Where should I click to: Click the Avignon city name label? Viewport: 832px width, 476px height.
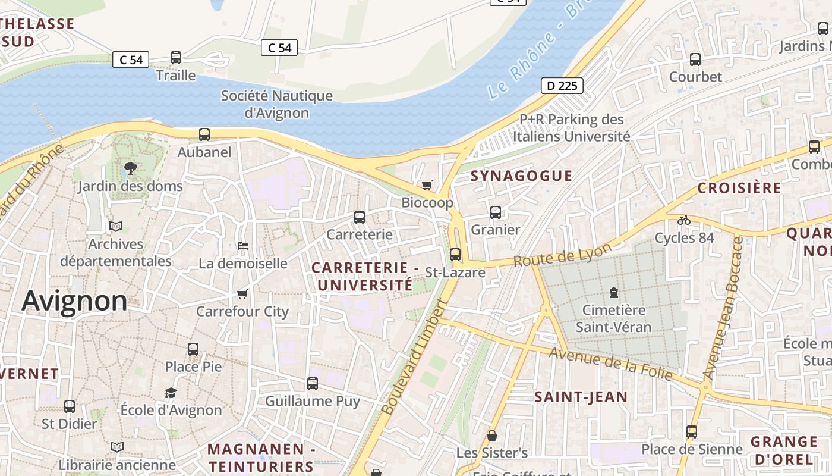(74, 301)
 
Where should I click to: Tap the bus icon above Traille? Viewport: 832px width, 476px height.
(176, 58)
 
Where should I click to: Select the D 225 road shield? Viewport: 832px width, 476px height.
(562, 86)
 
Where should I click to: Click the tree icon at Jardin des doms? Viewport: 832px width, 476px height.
(130, 168)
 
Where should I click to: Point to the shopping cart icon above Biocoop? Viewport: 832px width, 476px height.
(427, 185)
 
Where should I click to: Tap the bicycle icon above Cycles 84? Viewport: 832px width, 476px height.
(684, 220)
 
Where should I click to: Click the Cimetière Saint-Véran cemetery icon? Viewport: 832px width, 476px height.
(613, 292)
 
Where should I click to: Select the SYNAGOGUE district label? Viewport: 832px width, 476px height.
(521, 176)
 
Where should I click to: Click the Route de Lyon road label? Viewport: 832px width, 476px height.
(562, 255)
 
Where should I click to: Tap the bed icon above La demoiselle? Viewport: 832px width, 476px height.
(242, 245)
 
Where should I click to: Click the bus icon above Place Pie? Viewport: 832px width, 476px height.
(193, 349)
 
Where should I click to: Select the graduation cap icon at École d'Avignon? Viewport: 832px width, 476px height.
(171, 393)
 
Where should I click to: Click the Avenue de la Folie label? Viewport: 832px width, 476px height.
(610, 364)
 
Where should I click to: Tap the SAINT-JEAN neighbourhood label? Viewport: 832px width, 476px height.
(581, 397)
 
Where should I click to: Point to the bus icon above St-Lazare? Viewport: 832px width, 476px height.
(455, 255)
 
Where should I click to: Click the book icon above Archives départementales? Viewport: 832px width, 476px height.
(116, 227)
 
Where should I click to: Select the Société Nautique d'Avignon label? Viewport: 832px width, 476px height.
(276, 104)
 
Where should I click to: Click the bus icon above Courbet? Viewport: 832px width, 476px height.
(695, 59)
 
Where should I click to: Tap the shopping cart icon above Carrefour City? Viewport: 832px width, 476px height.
(242, 294)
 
